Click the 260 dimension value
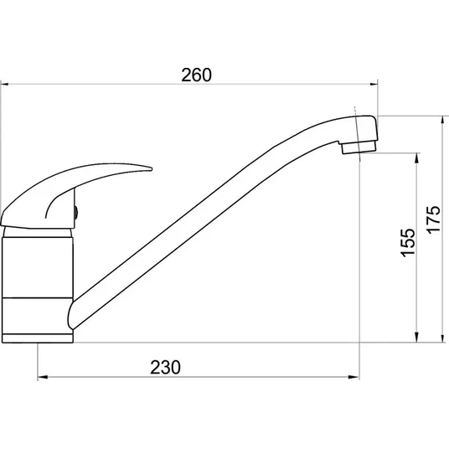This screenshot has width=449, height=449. click(x=196, y=75)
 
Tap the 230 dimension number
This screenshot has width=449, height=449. click(x=166, y=368)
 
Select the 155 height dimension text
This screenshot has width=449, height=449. click(x=408, y=243)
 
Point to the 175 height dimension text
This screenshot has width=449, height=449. click(x=434, y=219)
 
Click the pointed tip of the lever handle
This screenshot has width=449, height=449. click(x=151, y=169)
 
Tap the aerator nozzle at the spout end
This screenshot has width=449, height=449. click(x=359, y=147)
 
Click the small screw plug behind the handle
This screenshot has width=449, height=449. click(x=76, y=213)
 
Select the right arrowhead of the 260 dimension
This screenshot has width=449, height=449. click(x=374, y=84)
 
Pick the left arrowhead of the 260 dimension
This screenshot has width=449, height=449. click(x=4, y=84)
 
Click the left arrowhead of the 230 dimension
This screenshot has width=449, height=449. click(x=42, y=377)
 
